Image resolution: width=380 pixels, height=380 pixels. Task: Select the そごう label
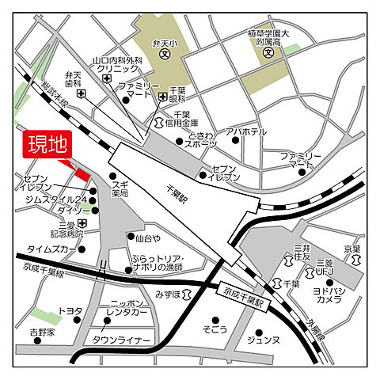coord(214,329)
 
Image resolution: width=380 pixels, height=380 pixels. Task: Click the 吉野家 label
coord(44,332)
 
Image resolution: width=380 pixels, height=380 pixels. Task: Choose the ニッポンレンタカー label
coord(127,308)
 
